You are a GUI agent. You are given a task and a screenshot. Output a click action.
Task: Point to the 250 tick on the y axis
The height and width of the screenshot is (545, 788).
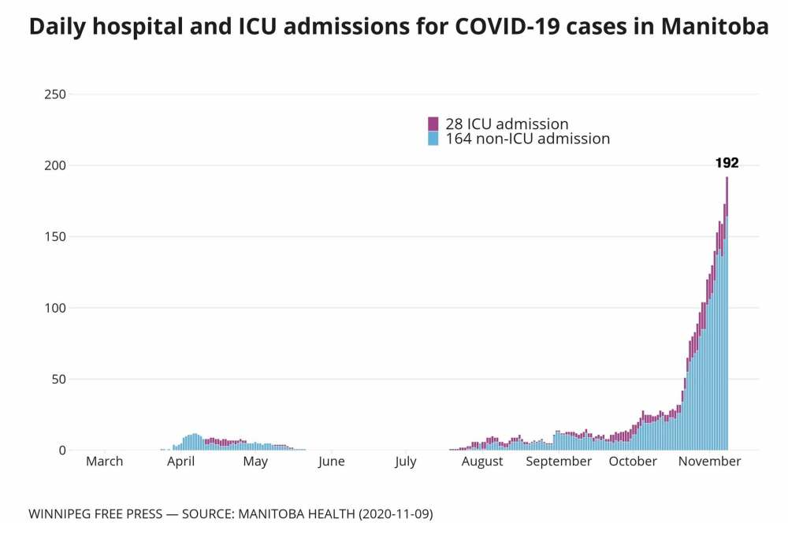pyautogui.click(x=54, y=95)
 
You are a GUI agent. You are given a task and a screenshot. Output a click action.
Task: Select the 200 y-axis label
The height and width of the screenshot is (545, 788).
pyautogui.click(x=54, y=165)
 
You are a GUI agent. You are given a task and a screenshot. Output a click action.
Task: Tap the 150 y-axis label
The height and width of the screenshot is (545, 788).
pyautogui.click(x=54, y=237)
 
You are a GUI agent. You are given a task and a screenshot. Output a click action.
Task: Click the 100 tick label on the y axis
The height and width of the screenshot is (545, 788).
pyautogui.click(x=54, y=308)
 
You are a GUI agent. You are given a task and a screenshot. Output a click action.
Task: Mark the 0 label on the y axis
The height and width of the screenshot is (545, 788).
pyautogui.click(x=61, y=450)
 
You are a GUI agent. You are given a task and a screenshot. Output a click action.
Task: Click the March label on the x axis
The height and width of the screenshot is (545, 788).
pyautogui.click(x=104, y=462)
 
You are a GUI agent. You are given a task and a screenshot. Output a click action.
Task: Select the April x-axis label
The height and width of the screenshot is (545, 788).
pyautogui.click(x=180, y=462)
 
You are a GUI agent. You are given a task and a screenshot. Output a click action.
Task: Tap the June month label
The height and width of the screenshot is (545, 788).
pyautogui.click(x=332, y=462)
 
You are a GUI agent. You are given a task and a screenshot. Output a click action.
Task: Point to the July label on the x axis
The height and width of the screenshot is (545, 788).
pyautogui.click(x=406, y=462)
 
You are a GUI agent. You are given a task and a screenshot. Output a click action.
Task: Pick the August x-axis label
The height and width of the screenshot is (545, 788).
pyautogui.click(x=482, y=462)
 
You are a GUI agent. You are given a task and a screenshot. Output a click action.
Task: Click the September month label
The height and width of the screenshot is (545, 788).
pyautogui.click(x=559, y=462)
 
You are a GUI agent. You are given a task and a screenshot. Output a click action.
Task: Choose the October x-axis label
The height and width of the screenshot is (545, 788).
pyautogui.click(x=633, y=462)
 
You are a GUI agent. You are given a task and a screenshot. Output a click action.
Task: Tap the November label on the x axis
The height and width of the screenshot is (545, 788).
pyautogui.click(x=709, y=462)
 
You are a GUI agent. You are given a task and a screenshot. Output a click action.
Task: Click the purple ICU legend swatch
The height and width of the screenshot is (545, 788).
pyautogui.click(x=433, y=124)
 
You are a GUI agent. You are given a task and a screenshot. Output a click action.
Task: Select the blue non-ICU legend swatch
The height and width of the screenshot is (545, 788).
pyautogui.click(x=433, y=139)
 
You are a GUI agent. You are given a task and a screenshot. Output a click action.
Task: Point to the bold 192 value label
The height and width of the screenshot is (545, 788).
pyautogui.click(x=727, y=163)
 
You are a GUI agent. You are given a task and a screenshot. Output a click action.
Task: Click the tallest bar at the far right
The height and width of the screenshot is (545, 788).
pyautogui.click(x=727, y=315)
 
